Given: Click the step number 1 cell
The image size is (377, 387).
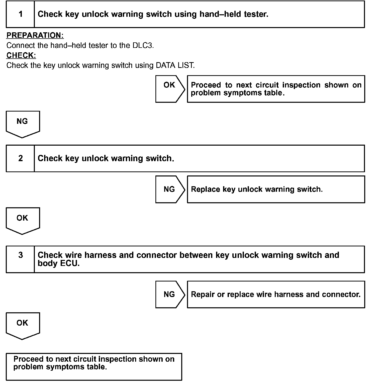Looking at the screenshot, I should click(x=21, y=14).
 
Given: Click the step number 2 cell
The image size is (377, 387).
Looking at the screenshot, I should click(x=21, y=158).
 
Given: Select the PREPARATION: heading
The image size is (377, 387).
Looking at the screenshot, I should click(x=35, y=35).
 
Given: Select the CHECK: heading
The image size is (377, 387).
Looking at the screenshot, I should click(x=21, y=55).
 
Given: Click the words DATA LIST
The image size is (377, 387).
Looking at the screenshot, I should click(x=175, y=65).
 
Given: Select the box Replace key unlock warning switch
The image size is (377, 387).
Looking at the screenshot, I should click(x=276, y=189).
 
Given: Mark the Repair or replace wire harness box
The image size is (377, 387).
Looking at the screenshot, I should click(x=276, y=294).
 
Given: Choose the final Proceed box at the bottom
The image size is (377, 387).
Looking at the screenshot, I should click(x=94, y=366).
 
